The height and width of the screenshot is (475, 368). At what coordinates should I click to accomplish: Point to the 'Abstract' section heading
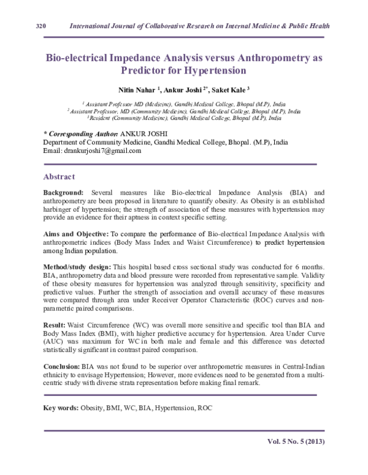point(59,176)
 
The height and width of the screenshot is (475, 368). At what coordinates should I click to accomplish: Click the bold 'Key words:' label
point(60,408)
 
